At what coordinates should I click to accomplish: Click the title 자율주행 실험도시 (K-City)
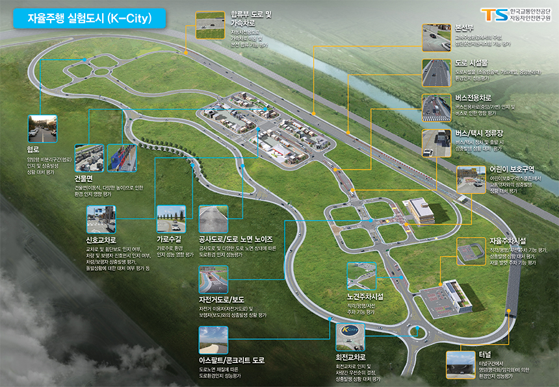(89, 19)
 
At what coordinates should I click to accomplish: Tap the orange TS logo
(492, 14)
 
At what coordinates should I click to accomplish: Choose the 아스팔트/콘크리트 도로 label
(232, 360)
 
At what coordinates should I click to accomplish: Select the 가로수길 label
(170, 239)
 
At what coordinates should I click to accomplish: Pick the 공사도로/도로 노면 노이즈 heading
(240, 239)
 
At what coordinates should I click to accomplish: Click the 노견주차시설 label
(365, 296)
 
